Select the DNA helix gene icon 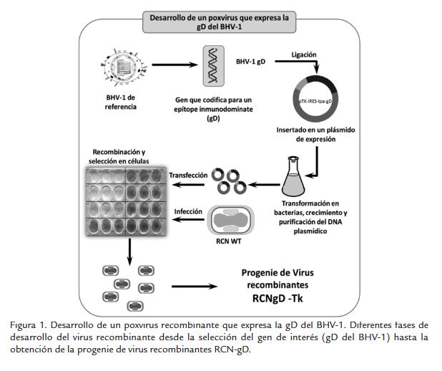(212, 64)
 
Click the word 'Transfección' (187, 175)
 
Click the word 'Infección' (188, 212)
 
